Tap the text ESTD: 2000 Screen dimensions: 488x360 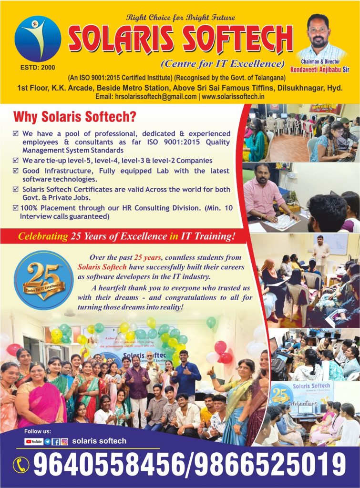click(38, 67)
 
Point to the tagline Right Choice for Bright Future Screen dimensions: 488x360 click(181, 18)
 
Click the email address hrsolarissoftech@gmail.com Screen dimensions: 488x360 click(154, 96)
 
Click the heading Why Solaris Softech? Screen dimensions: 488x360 click(75, 116)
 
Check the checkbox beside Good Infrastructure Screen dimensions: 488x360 click(16, 171)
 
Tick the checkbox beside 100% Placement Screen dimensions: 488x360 click(16, 208)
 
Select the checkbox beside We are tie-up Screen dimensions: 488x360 click(16, 161)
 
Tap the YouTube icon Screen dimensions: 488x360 click(34, 442)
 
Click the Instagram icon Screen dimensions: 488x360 click(64, 442)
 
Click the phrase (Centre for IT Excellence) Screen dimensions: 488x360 click(223, 64)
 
